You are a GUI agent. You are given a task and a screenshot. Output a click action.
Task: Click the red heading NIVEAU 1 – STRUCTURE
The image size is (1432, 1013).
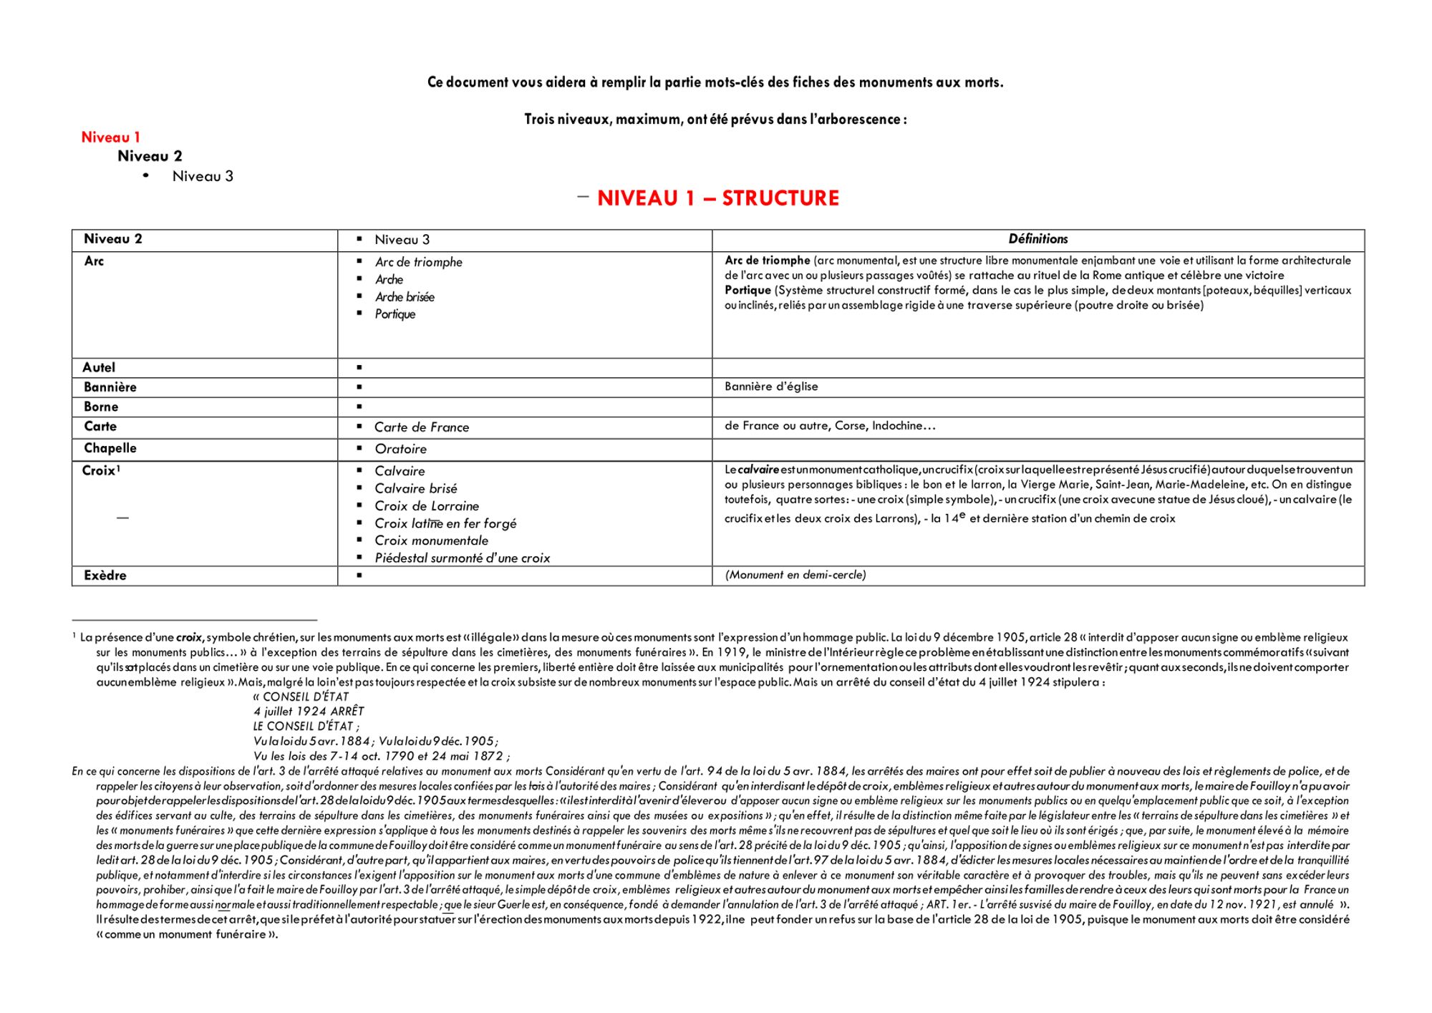[717, 198]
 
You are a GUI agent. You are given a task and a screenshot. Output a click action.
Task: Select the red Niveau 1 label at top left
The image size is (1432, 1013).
[110, 137]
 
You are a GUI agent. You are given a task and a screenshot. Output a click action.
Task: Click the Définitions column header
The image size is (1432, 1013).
[1037, 239]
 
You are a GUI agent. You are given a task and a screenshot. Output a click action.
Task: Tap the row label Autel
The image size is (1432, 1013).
[99, 367]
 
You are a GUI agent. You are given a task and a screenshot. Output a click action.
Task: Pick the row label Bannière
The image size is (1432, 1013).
[110, 387]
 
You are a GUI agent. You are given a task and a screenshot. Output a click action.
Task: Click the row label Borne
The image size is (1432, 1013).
[101, 407]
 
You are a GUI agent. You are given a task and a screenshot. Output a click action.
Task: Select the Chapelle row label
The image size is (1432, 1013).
[110, 448]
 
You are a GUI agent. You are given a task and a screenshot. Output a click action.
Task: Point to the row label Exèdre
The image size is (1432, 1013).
[105, 576]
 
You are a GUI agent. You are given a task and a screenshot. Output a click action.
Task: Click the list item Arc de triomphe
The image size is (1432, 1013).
[418, 262]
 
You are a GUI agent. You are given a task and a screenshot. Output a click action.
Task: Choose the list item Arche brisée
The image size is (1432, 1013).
[405, 296]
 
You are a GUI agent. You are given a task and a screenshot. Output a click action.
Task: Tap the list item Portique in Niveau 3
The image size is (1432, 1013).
[395, 314]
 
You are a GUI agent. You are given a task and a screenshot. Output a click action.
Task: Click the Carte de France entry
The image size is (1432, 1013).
[422, 427]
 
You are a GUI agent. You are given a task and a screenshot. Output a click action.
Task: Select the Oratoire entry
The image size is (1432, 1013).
[400, 449]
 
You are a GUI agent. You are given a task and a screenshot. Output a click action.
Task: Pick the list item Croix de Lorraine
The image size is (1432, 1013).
[427, 505]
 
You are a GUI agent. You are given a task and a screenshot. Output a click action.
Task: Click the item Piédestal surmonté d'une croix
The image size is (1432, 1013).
[462, 558]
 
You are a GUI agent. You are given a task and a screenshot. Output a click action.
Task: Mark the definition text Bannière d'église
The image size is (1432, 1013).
[771, 387]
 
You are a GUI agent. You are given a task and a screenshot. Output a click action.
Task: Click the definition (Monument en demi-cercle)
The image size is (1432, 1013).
[795, 575]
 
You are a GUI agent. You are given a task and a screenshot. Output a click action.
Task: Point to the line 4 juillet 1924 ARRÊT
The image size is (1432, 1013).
[309, 711]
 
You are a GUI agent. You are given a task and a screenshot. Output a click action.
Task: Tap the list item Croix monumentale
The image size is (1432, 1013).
[431, 541]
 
